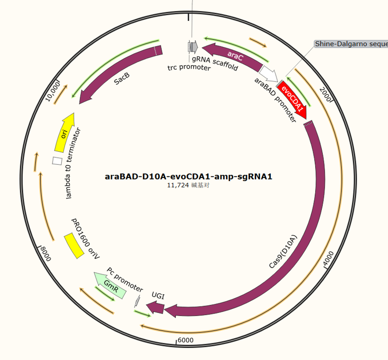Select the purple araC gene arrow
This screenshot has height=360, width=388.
[232, 56]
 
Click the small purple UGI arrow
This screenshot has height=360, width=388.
[156, 307]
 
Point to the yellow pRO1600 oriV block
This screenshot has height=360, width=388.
[74, 246]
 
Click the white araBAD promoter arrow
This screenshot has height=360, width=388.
[269, 73]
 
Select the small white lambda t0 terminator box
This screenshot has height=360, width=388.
[57, 161]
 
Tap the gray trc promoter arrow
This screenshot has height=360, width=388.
[193, 47]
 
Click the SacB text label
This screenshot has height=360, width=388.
[122, 78]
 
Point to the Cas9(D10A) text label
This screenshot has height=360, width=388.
[282, 252]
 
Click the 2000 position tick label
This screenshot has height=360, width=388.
[325, 95]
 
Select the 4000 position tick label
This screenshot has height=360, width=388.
[328, 258]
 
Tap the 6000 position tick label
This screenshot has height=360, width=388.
[185, 340]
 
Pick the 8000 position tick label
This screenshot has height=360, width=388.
[46, 254]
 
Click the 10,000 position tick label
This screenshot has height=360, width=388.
[53, 92]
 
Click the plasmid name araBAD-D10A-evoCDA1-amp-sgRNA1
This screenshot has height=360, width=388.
[188, 176]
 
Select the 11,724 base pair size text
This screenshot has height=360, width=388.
[188, 185]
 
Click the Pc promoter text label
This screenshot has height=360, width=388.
[125, 280]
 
